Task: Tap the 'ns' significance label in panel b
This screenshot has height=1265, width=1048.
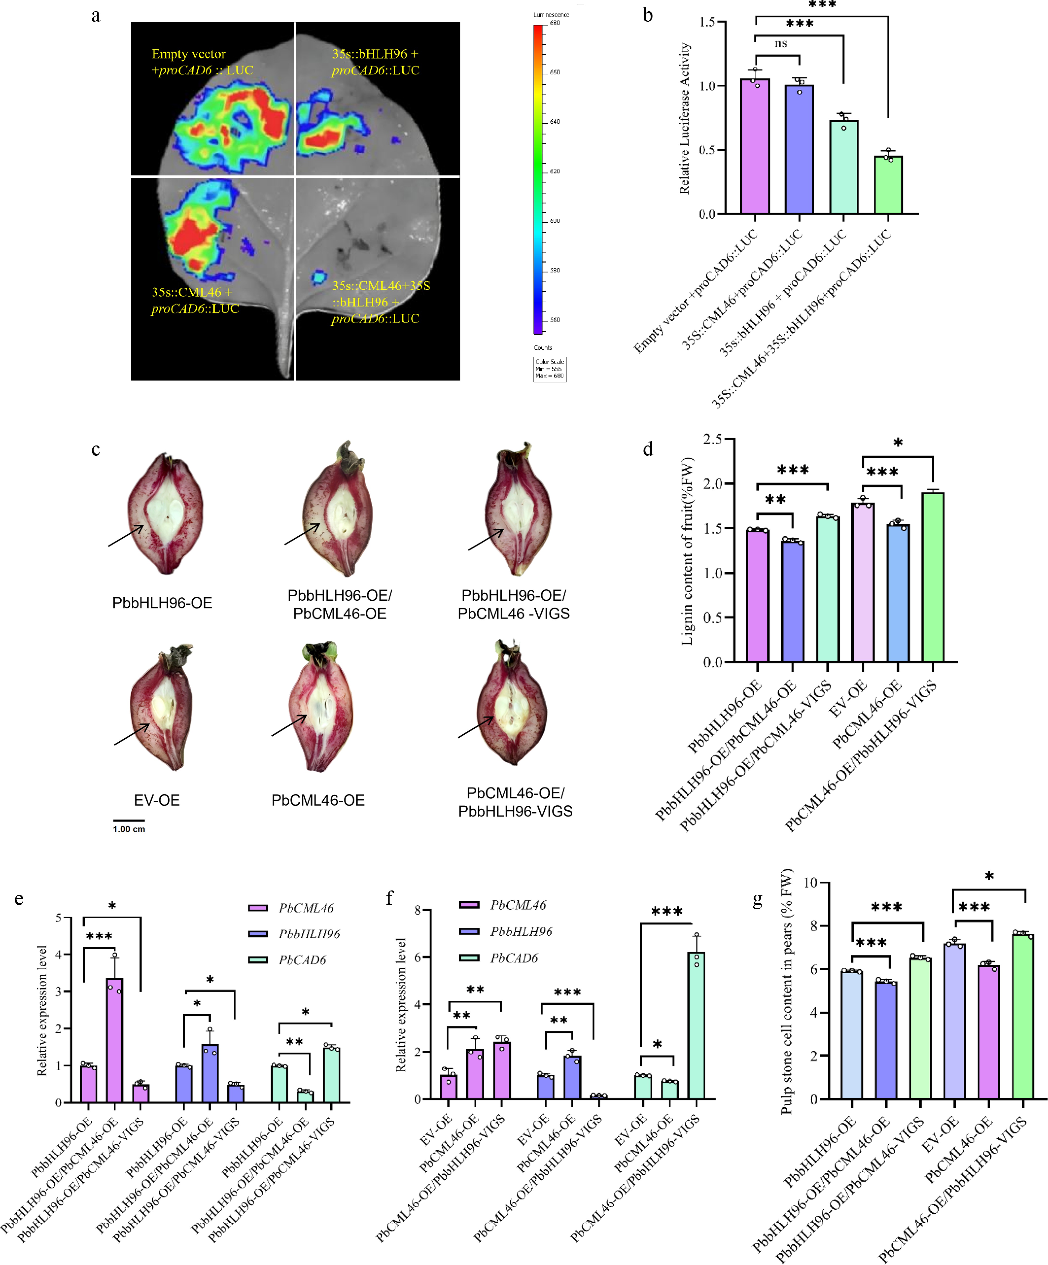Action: (x=780, y=43)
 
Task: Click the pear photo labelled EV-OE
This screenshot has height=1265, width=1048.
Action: (x=161, y=708)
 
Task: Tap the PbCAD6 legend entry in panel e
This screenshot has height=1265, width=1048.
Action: (x=302, y=960)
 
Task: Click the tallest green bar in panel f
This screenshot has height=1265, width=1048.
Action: (x=696, y=1025)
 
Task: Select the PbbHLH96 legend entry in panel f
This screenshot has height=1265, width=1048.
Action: (x=521, y=931)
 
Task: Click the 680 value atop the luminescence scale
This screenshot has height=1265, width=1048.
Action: (x=554, y=23)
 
